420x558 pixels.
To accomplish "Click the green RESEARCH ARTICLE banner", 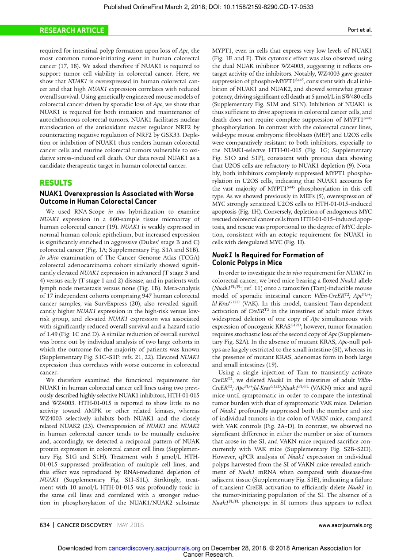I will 72,31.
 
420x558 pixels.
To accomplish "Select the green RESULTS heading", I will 56,183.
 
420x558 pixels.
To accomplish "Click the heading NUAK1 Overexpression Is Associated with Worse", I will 117,194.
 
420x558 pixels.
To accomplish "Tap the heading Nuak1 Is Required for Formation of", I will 267,255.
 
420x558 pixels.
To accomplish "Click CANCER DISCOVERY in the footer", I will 84,525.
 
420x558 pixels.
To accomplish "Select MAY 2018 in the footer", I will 130,525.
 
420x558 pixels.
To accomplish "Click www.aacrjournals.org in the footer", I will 345,525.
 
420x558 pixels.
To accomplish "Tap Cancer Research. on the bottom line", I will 208,554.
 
